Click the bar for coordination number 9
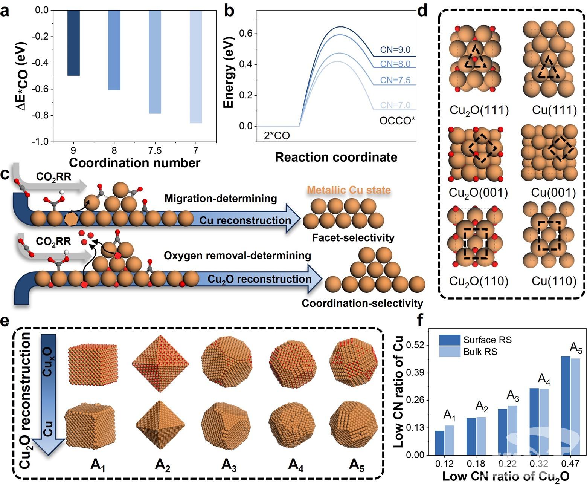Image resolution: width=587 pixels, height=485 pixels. [73, 43]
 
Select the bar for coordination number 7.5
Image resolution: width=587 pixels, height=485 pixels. [155, 62]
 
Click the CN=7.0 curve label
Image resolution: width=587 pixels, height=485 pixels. [395, 105]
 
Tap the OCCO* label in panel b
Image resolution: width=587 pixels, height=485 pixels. [397, 121]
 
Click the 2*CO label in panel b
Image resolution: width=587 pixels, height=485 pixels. [277, 136]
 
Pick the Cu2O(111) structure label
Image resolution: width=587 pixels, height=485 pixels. [479, 110]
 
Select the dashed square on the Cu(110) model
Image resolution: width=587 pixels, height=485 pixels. [549, 236]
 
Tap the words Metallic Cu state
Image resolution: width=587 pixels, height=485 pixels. [349, 190]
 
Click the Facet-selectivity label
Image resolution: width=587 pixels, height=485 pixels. [353, 238]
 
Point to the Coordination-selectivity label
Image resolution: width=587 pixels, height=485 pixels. [362, 303]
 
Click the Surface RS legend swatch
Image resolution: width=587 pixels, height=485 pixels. [450, 340]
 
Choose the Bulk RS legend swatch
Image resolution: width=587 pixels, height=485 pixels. [450, 352]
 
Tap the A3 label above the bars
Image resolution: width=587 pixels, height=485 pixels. [513, 395]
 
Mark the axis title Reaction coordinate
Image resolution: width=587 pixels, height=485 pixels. [336, 157]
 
